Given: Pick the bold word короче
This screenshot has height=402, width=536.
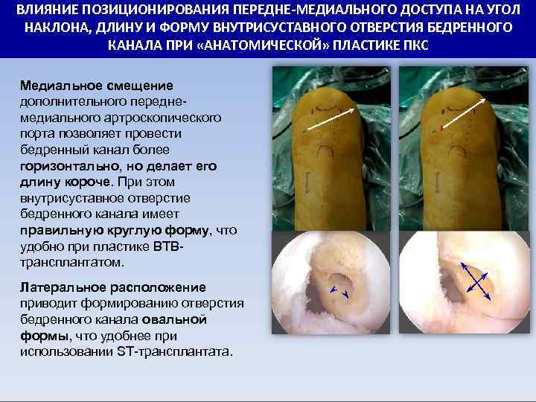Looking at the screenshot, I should (84, 182).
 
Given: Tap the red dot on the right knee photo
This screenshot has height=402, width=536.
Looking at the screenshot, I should (441, 130).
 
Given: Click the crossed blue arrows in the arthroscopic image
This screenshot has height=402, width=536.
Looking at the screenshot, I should (474, 281).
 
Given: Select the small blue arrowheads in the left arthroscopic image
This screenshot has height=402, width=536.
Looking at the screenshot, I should (339, 292).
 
